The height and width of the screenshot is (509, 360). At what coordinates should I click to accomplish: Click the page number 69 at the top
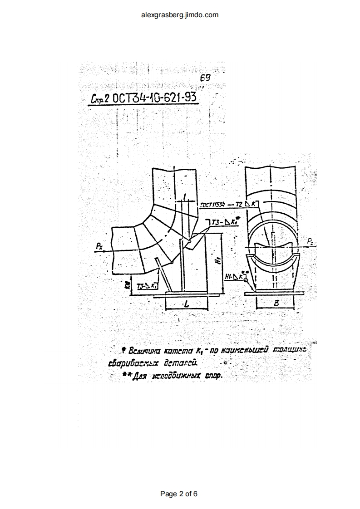[x=205, y=78]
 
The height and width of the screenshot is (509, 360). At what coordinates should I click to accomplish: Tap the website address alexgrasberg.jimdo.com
[x=180, y=15]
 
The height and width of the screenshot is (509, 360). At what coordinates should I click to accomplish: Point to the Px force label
[x=99, y=246]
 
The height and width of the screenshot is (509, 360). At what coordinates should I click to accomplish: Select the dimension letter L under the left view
[x=187, y=305]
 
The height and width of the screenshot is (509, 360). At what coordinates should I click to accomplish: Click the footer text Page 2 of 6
[x=179, y=494]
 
